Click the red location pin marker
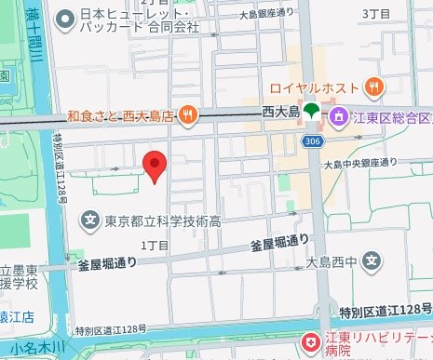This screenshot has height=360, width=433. pos(155,167)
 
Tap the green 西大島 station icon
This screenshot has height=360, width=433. pos(310,112)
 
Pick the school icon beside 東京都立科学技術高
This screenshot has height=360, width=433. pos(89,220)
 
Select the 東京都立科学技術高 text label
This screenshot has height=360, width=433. pos(162,221)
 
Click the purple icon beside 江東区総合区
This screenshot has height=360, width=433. pos(340,115)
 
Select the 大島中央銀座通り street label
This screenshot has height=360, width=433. pos(358,164)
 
